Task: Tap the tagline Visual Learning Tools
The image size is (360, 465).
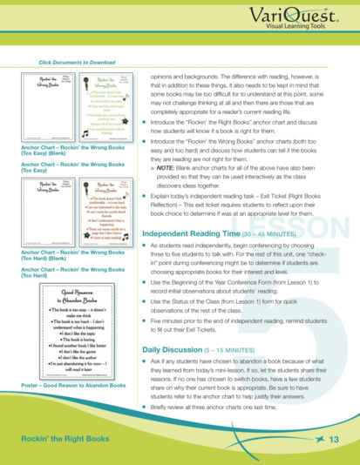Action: (x=316, y=28)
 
